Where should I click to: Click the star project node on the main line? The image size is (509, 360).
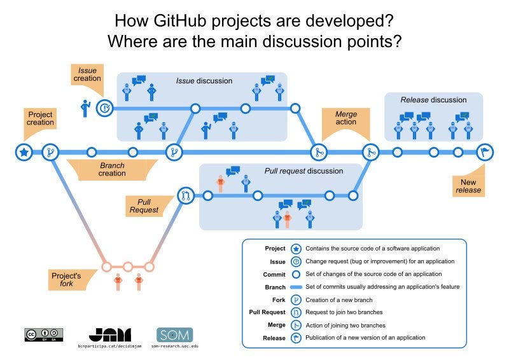24,152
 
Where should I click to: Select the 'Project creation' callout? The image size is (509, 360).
40,119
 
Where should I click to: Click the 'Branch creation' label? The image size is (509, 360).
112,169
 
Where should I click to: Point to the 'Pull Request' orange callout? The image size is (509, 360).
144,205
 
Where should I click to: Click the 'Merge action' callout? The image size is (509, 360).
345,118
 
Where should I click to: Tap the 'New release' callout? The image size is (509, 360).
468,185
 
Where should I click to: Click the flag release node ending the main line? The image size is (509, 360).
484,152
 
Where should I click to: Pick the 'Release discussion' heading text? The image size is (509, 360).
433,100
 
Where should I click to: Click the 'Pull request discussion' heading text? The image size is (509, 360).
303,171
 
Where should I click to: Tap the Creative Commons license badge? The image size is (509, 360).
44,335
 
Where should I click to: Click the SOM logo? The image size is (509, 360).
174,334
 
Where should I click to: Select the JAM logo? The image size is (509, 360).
109,334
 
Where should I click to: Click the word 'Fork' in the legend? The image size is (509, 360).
278,299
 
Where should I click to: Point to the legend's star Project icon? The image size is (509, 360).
296,249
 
